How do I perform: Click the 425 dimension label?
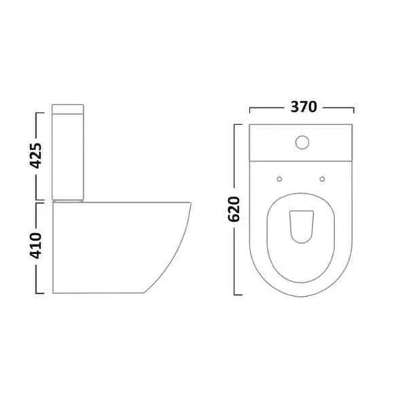pyautogui.click(x=35, y=156)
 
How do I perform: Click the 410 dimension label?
pyautogui.click(x=35, y=246)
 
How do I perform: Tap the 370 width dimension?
pyautogui.click(x=303, y=107)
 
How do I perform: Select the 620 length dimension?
pyautogui.click(x=233, y=210)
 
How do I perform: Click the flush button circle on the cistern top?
pyautogui.click(x=302, y=142)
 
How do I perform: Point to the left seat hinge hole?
pyautogui.click(x=279, y=179)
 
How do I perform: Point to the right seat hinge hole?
pyautogui.click(x=322, y=179)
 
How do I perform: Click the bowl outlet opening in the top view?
pyautogui.click(x=301, y=227)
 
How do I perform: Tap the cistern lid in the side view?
pyautogui.click(x=68, y=109)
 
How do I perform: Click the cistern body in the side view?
pyautogui.click(x=68, y=157)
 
